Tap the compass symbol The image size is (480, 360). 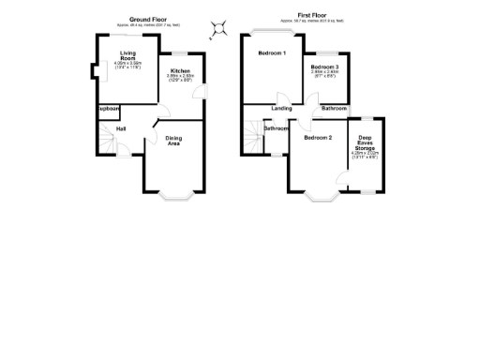click(219, 29)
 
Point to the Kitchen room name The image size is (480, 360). click(180, 71)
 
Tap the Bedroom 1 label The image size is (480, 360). click(271, 52)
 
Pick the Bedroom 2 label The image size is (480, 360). click(318, 138)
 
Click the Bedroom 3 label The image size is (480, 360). click(325, 67)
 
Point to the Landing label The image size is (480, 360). click(281, 109)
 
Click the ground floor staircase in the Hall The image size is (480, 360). click(106, 144)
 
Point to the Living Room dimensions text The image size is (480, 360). click(127, 66)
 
